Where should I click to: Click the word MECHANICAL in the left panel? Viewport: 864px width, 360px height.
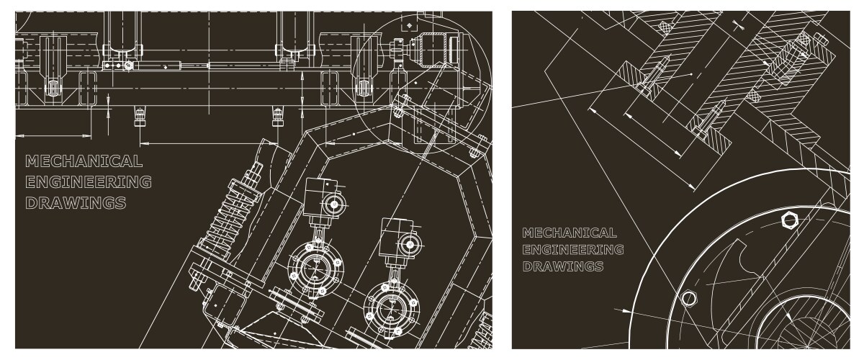(x=84, y=161)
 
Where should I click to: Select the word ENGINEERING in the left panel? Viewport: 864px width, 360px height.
(x=89, y=182)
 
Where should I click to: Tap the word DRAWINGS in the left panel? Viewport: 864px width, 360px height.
(x=76, y=203)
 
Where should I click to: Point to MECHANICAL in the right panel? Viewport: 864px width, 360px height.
(x=570, y=233)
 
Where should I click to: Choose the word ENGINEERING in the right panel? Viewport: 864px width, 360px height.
(x=573, y=250)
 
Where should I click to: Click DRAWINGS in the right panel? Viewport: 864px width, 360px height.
(x=563, y=266)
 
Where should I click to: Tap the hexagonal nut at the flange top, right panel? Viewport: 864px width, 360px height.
(x=789, y=221)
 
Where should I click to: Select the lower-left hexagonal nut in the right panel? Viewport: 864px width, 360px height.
(x=688, y=298)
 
